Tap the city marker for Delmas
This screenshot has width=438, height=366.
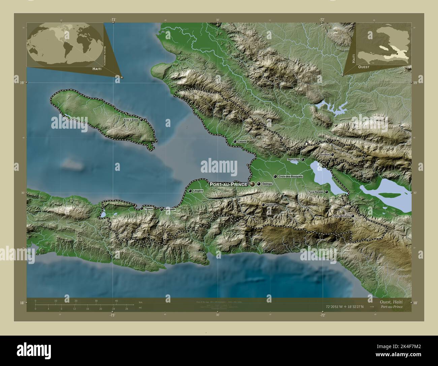pos(259,184)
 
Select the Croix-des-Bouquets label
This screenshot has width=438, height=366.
pos(291,177)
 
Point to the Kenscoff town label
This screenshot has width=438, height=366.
pos(271,205)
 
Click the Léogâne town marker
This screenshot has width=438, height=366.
pos(190,191)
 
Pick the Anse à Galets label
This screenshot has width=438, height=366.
pos(131,120)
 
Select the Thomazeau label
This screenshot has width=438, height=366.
pos(293,159)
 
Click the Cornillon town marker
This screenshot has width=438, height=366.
pos(333,155)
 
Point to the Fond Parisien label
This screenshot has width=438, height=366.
pos(316,192)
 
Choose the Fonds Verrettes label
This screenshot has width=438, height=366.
pos(341,216)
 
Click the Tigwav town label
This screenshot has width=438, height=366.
pos(149,209)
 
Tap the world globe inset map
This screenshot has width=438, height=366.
pos(65,44)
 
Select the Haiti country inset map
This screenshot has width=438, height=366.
pos(383,43)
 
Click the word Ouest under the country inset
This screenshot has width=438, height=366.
pos(364,67)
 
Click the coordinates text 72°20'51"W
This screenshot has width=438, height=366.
pos(337,307)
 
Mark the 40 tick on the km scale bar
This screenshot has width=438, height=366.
pos(117,300)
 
